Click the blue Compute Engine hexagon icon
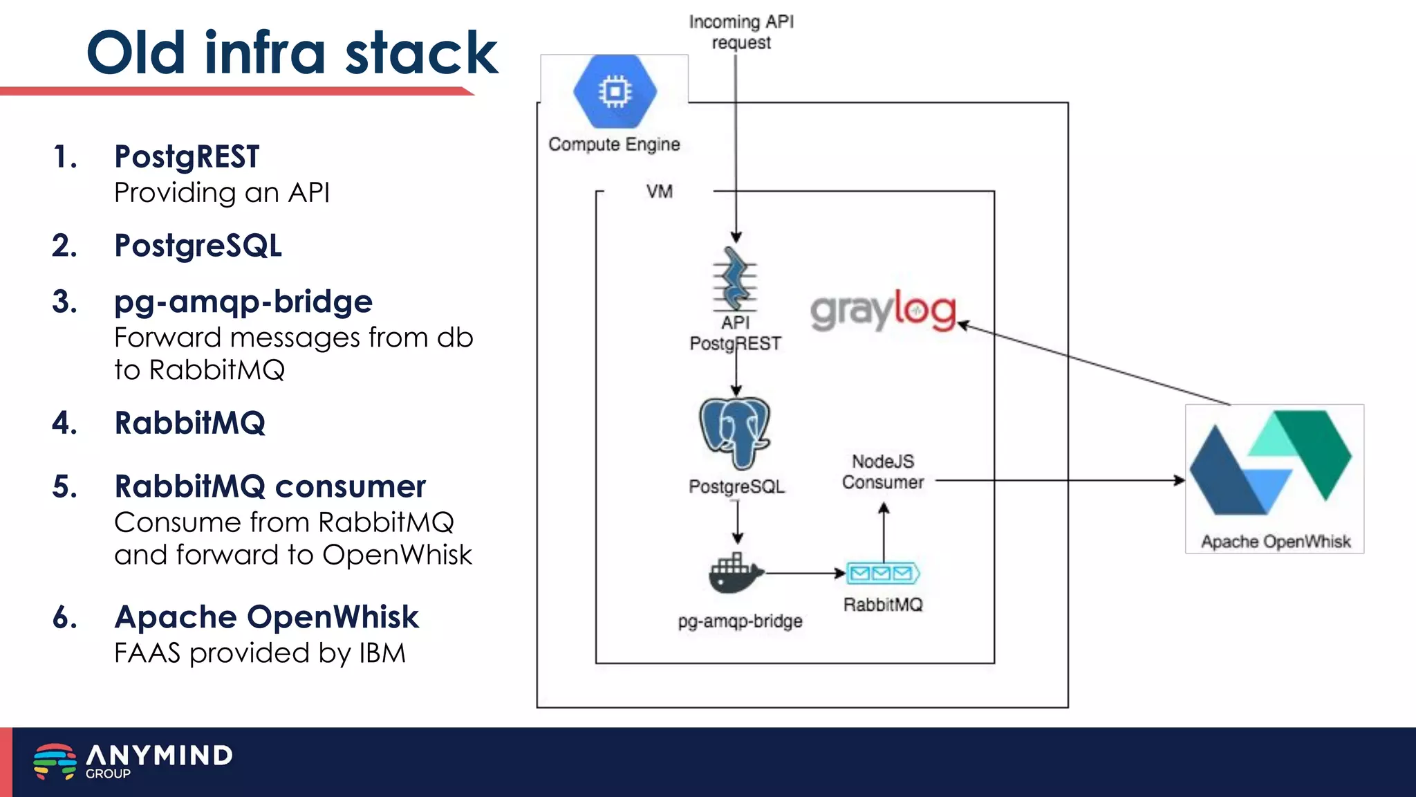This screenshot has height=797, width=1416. pyautogui.click(x=615, y=91)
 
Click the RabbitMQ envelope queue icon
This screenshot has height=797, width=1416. pyautogui.click(x=883, y=573)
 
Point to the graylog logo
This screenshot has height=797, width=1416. pyautogui.click(x=883, y=311)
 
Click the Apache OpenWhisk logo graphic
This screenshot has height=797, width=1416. pyautogui.click(x=1271, y=464)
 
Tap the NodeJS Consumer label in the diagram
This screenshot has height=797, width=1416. pyautogui.click(x=883, y=472)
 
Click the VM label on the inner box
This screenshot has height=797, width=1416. pyautogui.click(x=659, y=192)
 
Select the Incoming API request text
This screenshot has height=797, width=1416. pyautogui.click(x=741, y=32)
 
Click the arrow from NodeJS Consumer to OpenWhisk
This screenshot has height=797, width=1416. pyautogui.click(x=1058, y=480)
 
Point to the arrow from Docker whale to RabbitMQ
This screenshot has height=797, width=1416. pyautogui.click(x=805, y=573)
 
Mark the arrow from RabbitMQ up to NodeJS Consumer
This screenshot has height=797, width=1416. pyautogui.click(x=884, y=533)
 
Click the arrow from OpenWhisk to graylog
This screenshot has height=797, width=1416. pyautogui.click(x=1092, y=363)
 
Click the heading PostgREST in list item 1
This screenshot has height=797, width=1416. pyautogui.click(x=187, y=156)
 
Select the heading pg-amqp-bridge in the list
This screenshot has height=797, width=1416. pyautogui.click(x=243, y=302)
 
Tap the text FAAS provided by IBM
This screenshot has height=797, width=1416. pyautogui.click(x=260, y=653)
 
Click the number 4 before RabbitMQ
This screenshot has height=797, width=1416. pyautogui.click(x=64, y=423)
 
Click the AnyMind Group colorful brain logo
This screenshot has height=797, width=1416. pyautogui.click(x=55, y=761)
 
